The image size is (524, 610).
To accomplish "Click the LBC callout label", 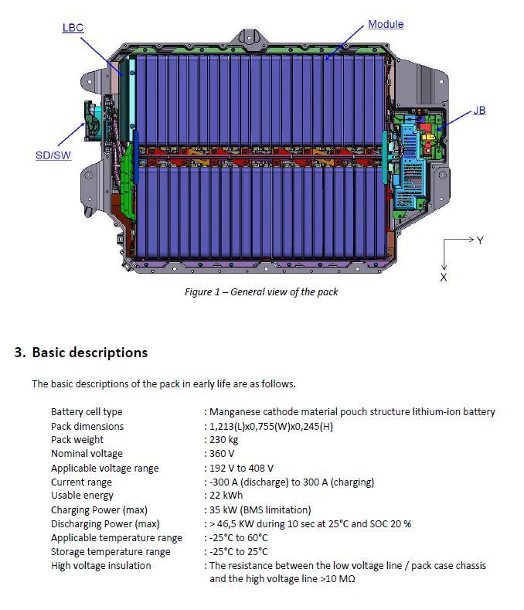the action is [x=73, y=28].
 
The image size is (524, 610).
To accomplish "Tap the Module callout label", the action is [x=386, y=24].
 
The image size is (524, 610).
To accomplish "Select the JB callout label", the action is [x=479, y=111].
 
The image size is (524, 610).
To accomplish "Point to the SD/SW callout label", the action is [x=53, y=155].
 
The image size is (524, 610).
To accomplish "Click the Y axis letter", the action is [x=480, y=240].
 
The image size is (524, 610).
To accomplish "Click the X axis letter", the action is [x=444, y=278].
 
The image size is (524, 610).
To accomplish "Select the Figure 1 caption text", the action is [x=261, y=291].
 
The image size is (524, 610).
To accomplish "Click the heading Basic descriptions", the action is [x=90, y=352].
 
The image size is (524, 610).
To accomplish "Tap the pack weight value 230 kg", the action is [x=223, y=440].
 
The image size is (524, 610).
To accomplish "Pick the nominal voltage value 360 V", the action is [x=222, y=454].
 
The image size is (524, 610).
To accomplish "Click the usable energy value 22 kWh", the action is [x=226, y=496].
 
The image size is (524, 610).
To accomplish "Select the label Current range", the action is [x=81, y=482].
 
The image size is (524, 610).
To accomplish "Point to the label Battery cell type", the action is [x=87, y=411].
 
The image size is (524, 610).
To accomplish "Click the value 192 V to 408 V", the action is [x=242, y=468].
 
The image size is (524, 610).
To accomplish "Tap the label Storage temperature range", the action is [x=111, y=552].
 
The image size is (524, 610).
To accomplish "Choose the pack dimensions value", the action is [x=271, y=426].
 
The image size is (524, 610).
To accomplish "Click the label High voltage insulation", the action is [x=100, y=566].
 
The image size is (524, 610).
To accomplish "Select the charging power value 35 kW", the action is [x=223, y=509].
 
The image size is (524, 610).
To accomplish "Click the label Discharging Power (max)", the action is [x=105, y=523].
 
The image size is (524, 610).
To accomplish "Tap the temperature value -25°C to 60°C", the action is [x=239, y=537].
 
